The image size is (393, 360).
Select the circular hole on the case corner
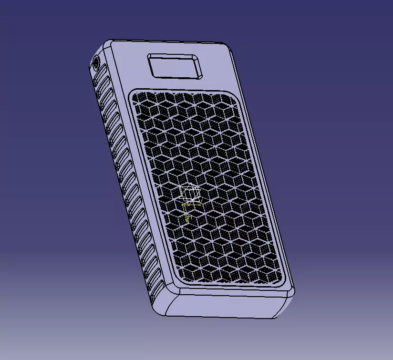[x=96, y=62]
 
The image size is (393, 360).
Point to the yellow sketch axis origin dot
[x=183, y=205]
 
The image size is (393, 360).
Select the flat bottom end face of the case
[x=224, y=305]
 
